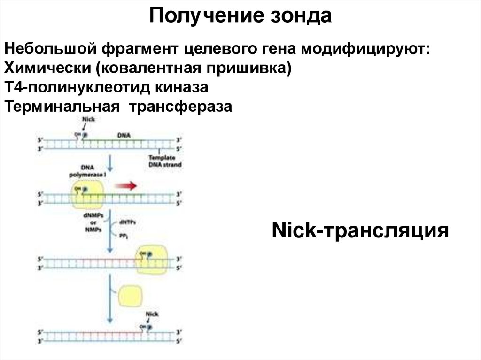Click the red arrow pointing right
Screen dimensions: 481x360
125,186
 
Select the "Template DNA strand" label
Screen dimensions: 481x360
164,161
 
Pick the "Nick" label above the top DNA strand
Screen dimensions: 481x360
88,120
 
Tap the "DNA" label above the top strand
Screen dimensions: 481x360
124,135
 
